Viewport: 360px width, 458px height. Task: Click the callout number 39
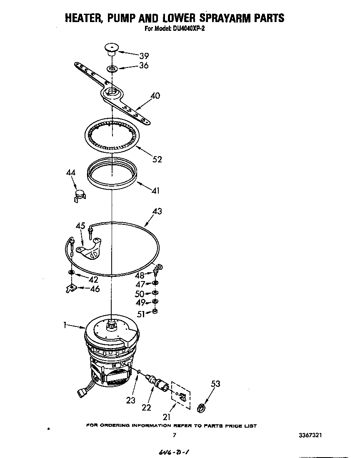(x=144, y=56)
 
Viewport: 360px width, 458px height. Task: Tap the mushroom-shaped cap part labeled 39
(x=111, y=49)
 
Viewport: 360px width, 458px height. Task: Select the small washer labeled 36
(x=112, y=67)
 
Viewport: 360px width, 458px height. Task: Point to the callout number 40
(x=155, y=96)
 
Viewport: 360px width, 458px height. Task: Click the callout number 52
(x=157, y=159)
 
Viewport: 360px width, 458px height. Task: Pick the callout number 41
(x=155, y=191)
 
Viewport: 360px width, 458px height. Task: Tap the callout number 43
(x=157, y=212)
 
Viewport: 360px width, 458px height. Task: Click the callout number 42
(x=93, y=279)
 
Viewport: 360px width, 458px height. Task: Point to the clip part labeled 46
(x=72, y=288)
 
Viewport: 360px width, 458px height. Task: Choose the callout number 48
(x=140, y=275)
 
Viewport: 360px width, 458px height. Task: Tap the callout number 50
(x=140, y=294)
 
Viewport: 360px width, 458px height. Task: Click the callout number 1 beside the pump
(x=65, y=326)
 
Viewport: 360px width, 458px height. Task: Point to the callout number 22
(x=146, y=408)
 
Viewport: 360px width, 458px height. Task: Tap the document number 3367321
(x=310, y=435)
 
